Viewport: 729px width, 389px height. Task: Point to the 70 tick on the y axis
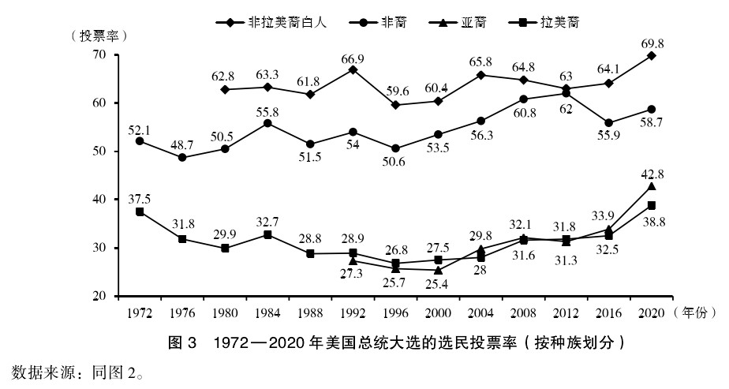[x=99, y=54]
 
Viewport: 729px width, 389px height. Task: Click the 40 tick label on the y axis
[x=99, y=200]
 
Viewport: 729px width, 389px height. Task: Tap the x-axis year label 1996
[x=395, y=313]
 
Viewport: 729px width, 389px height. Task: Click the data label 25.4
[x=439, y=284]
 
